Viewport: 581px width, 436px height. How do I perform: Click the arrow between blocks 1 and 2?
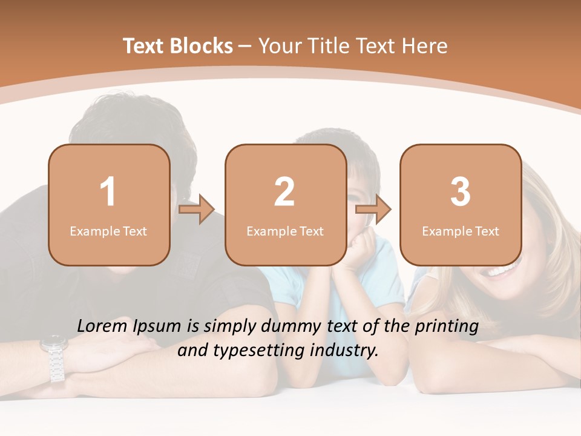click(x=197, y=210)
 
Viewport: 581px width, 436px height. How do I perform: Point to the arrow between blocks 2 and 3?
click(x=373, y=210)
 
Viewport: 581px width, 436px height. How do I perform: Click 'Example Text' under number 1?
click(x=108, y=231)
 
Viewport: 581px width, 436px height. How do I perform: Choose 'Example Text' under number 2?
click(x=285, y=231)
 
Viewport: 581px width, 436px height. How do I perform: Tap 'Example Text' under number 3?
click(x=461, y=231)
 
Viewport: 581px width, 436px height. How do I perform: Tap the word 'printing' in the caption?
click(x=446, y=327)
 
